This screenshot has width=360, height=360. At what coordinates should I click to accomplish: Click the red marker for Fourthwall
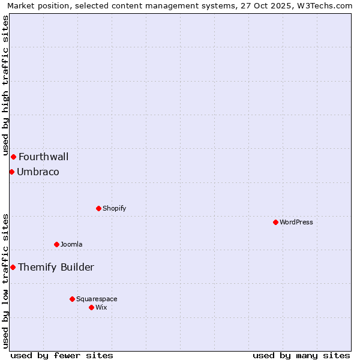tap(13, 157)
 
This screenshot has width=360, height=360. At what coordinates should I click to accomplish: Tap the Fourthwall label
tap(43, 157)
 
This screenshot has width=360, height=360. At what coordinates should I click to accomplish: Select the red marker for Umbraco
tap(11, 172)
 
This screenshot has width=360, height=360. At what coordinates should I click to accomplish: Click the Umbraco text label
tap(38, 172)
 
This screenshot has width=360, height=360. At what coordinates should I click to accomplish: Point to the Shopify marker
tap(98, 209)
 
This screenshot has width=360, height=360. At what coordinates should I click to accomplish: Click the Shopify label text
tap(114, 209)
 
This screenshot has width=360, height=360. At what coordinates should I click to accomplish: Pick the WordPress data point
tap(275, 222)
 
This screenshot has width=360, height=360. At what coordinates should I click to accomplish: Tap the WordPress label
tap(296, 222)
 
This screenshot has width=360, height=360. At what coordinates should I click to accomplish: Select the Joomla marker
tap(56, 244)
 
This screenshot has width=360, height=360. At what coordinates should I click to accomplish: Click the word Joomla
tap(71, 244)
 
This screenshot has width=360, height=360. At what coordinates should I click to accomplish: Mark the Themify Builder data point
tap(13, 267)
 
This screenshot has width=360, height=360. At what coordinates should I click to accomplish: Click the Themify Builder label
tap(56, 268)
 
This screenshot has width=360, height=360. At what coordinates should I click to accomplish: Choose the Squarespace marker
tap(72, 299)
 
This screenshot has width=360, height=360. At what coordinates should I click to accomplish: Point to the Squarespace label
tap(97, 299)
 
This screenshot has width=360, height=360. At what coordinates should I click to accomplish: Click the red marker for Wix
tap(91, 307)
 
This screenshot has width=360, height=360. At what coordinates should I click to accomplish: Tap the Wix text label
tap(101, 307)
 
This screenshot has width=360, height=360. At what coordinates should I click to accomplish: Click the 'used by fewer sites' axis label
tap(62, 355)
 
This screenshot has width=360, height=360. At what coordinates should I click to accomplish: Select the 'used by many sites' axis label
tap(301, 355)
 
